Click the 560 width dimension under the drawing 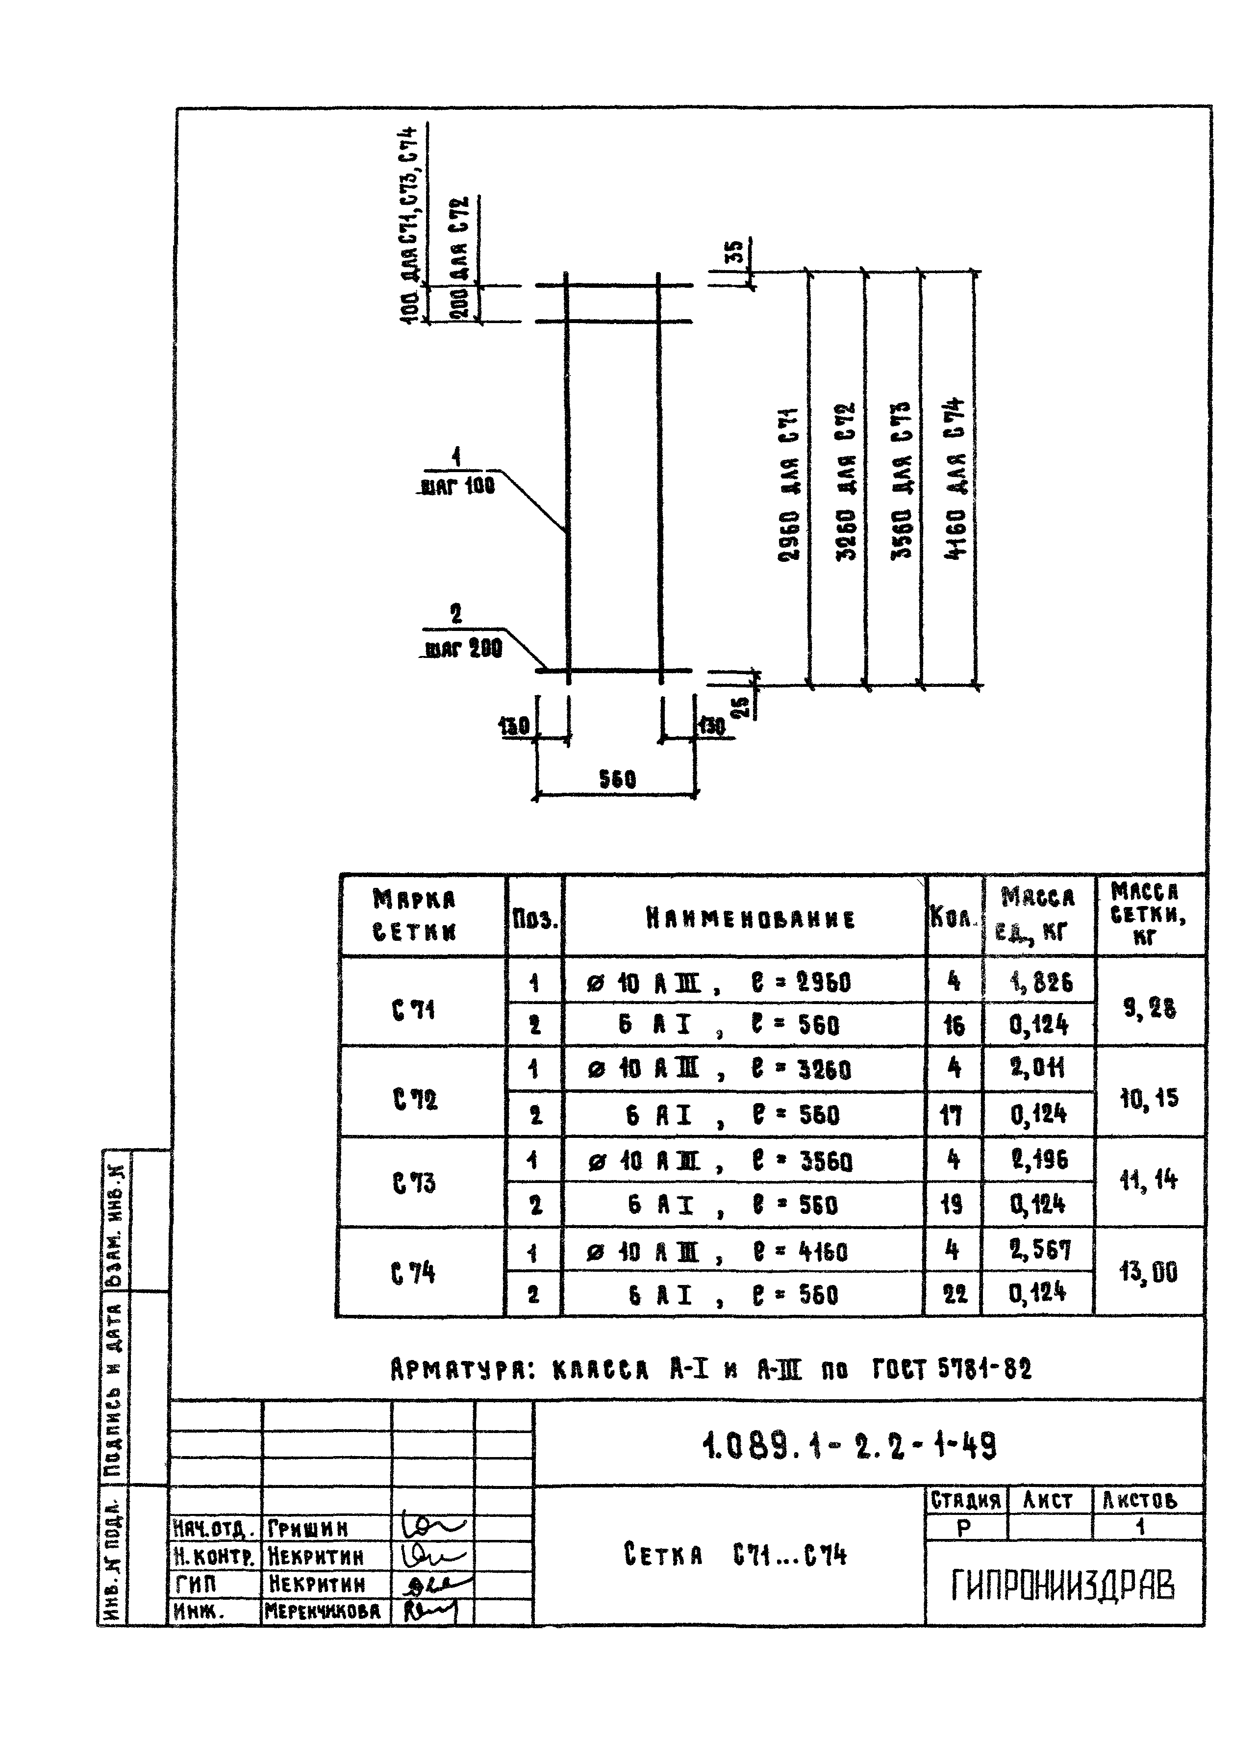pyautogui.click(x=617, y=780)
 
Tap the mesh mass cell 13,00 pyautogui.click(x=1148, y=1272)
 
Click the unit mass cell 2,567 pyautogui.click(x=1039, y=1250)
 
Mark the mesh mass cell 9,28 pyautogui.click(x=1149, y=1008)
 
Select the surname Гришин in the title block pyautogui.click(x=308, y=1528)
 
